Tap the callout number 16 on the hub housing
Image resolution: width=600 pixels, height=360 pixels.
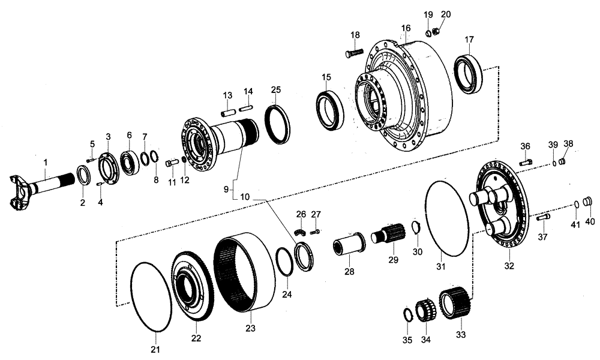(406, 28)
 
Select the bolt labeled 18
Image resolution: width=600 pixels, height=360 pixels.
(353, 53)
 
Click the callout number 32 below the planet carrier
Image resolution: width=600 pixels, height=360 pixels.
(509, 265)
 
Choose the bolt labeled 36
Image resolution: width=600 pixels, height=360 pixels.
(526, 161)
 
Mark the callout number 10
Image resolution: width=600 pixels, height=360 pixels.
(244, 196)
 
